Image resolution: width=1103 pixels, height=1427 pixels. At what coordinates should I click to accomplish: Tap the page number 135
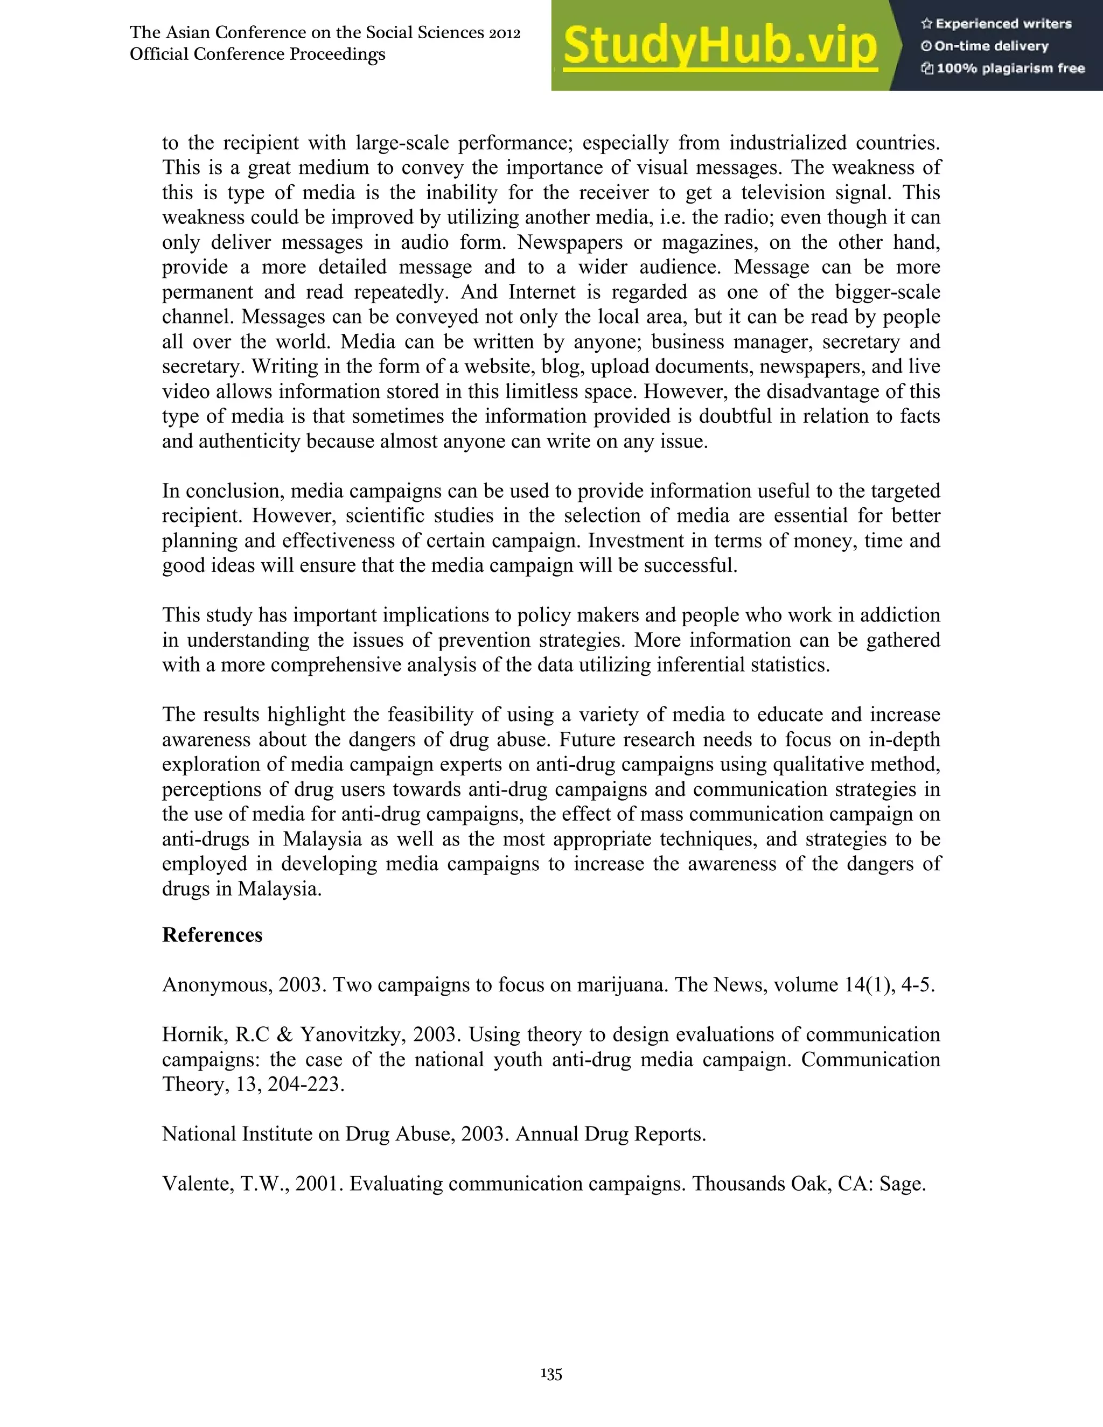(x=551, y=1374)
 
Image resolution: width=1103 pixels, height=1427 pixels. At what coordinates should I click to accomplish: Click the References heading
(x=212, y=935)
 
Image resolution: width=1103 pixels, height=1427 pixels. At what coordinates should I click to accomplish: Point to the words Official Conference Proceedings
(x=257, y=54)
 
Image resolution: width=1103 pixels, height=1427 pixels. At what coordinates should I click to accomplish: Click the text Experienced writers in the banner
(x=1003, y=24)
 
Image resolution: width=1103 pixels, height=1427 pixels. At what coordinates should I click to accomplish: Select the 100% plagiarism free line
(x=1010, y=68)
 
